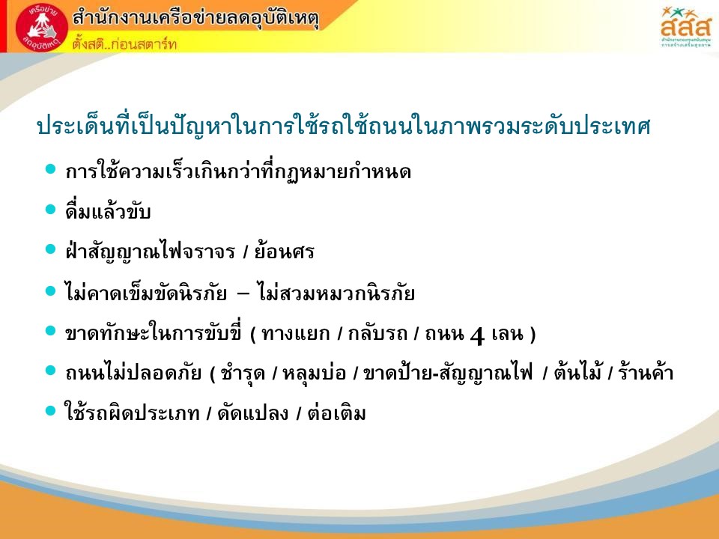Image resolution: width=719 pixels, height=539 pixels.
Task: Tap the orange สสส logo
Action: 685,27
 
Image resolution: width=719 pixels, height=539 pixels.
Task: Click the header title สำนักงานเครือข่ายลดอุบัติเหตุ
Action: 195,18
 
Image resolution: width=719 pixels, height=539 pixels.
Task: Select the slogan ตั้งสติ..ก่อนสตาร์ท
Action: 124,44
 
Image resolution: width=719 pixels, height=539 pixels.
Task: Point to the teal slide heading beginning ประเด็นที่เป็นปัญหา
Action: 344,126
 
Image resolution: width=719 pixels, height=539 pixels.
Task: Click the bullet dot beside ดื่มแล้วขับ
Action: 50,210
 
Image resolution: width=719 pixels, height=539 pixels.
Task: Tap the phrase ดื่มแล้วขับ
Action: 108,211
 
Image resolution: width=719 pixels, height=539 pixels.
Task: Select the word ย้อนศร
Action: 285,252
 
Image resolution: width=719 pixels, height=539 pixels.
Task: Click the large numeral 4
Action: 477,335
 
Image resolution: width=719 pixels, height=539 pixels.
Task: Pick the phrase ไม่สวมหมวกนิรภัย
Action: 336,293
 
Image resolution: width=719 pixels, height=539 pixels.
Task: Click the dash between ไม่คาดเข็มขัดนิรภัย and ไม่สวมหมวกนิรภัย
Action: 243,293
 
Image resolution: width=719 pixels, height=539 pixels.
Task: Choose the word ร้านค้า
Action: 646,371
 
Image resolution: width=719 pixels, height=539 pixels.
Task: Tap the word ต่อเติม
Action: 337,412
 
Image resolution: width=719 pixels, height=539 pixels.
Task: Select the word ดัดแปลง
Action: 253,412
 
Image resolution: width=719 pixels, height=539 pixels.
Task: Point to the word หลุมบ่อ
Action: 314,373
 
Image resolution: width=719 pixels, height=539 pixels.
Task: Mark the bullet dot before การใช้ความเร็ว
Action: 50,169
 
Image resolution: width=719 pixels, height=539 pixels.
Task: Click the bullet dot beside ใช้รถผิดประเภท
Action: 50,411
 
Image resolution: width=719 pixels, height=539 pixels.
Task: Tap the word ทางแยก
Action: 296,333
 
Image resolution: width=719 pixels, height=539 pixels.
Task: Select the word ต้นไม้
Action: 577,371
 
